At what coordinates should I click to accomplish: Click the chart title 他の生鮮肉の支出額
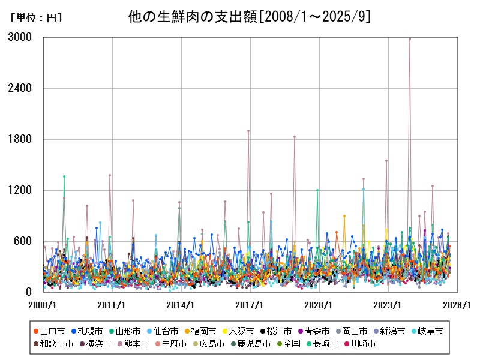(x=249, y=16)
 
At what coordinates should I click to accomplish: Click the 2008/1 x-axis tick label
(x=43, y=305)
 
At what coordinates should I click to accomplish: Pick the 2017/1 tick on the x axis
(x=250, y=305)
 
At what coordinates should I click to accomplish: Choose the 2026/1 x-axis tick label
(x=457, y=305)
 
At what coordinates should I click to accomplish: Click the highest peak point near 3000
(x=410, y=38)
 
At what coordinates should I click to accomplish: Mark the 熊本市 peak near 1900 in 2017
(x=248, y=131)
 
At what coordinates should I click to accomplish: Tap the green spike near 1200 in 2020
(x=317, y=190)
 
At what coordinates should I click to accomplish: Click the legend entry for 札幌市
(x=87, y=331)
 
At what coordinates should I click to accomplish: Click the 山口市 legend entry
(x=48, y=331)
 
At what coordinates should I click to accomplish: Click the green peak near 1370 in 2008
(x=64, y=176)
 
